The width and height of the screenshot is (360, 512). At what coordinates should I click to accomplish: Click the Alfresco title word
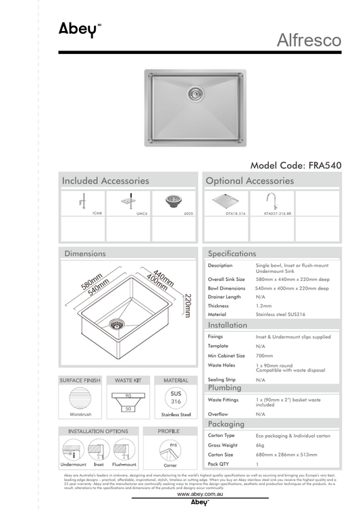point(309,41)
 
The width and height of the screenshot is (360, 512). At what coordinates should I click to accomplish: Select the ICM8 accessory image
point(83,201)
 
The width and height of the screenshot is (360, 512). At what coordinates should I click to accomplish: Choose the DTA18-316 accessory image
point(226,202)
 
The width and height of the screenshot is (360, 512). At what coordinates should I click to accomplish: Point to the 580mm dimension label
point(91,280)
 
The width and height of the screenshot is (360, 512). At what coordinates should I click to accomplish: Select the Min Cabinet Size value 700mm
point(264,355)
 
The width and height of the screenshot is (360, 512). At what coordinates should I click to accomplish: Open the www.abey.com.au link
point(200,495)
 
